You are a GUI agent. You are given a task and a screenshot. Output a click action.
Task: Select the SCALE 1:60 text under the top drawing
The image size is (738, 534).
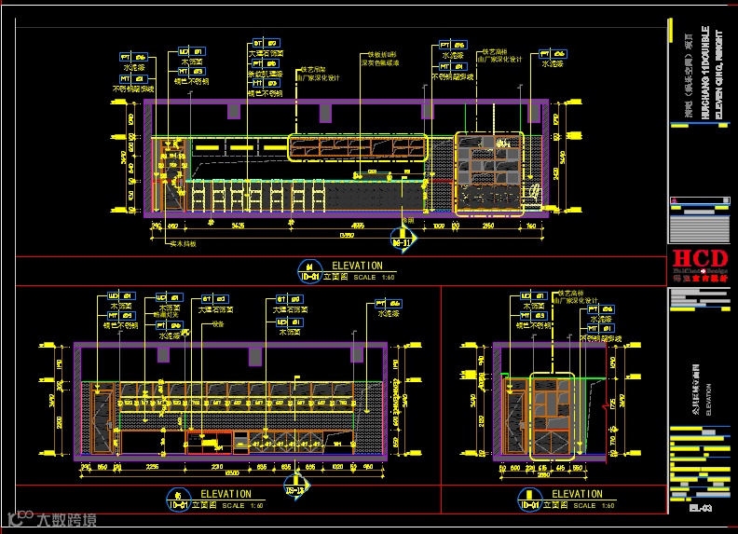click(x=376, y=277)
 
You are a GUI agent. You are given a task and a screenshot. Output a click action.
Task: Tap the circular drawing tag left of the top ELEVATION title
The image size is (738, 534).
click(x=309, y=271)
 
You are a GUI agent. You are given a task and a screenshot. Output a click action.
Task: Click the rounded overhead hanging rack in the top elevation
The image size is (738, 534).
click(x=357, y=147)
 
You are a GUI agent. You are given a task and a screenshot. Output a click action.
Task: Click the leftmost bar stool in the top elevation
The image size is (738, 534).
click(x=198, y=198)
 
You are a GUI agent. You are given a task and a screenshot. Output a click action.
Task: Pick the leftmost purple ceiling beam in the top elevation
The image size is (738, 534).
click(x=233, y=111)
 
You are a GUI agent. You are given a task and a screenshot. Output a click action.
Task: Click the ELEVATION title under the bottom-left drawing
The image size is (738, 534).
click(x=226, y=494)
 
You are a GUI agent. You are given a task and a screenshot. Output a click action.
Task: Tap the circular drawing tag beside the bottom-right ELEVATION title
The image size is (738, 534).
click(x=529, y=499)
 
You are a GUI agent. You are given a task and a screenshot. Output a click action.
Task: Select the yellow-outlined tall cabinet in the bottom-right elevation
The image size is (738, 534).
click(x=552, y=414)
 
